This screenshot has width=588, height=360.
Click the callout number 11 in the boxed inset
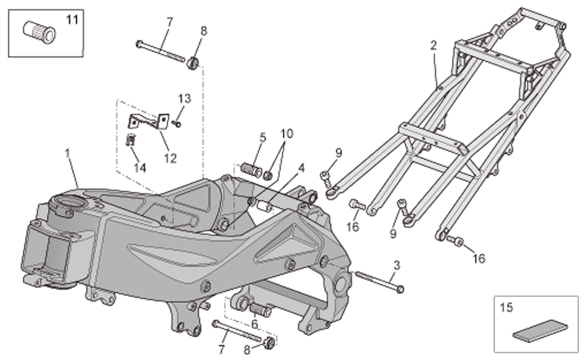(x=72, y=19)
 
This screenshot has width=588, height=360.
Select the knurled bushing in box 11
(x=40, y=31)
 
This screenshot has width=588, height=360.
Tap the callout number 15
(x=506, y=308)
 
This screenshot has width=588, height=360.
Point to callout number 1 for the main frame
(x=68, y=154)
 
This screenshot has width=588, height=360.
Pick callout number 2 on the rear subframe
(x=434, y=46)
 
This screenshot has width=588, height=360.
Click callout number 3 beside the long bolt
(x=397, y=265)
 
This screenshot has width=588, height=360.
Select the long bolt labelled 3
(x=379, y=281)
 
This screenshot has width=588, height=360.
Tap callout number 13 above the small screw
(x=184, y=98)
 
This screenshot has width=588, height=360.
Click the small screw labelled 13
(x=176, y=123)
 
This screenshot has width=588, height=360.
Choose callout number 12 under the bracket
(x=170, y=158)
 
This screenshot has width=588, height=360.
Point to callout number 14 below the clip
(x=140, y=168)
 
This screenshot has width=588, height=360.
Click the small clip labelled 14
(x=131, y=140)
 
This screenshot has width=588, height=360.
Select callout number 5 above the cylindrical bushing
(x=263, y=137)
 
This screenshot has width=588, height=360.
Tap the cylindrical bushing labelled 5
(x=251, y=170)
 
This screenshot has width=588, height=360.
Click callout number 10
(x=287, y=134)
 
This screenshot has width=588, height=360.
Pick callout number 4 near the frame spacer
(x=301, y=168)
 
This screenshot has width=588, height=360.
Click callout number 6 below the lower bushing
(x=254, y=323)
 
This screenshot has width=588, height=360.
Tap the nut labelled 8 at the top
(x=193, y=62)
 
